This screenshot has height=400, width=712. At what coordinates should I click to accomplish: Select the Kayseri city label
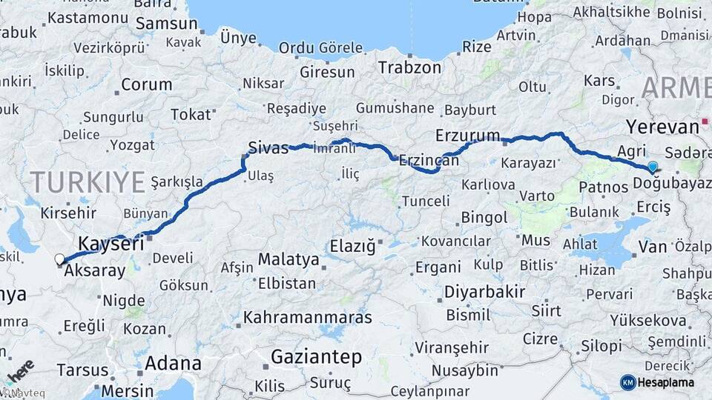click(x=111, y=244)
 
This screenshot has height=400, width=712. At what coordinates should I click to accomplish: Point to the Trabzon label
click(x=409, y=67)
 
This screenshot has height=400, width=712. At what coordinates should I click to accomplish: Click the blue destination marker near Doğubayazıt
click(x=653, y=167)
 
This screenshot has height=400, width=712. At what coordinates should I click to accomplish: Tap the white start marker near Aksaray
click(x=59, y=259)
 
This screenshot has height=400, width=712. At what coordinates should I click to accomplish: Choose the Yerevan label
click(x=662, y=125)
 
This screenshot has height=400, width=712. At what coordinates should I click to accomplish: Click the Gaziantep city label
click(x=316, y=357)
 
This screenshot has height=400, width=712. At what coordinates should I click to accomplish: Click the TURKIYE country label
click(x=88, y=181)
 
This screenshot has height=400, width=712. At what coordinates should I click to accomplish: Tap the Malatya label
click(x=289, y=260)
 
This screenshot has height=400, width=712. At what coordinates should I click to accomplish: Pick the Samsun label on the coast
click(x=168, y=23)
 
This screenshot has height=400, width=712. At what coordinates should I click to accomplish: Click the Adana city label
click(x=173, y=363)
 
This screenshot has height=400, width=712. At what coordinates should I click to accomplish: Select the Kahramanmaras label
click(x=308, y=318)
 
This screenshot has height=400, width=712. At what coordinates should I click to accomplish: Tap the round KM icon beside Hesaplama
click(x=628, y=382)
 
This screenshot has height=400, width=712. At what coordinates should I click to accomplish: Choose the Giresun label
click(x=327, y=72)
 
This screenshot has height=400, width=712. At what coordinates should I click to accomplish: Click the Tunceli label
click(x=425, y=201)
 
